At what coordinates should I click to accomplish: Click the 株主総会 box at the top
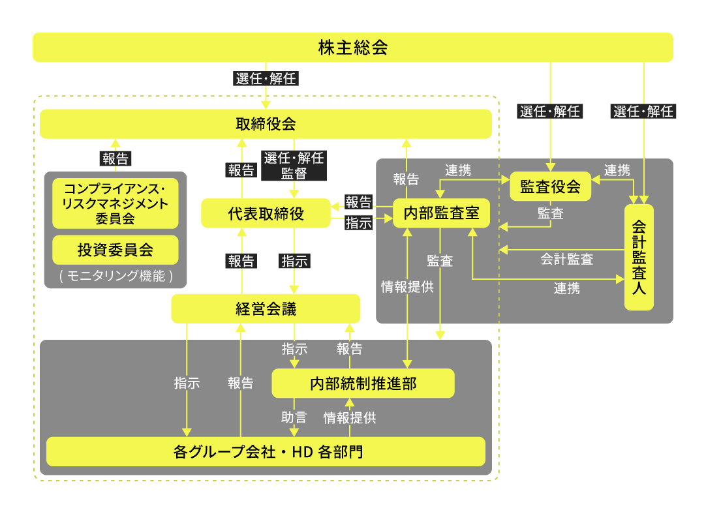[x=353, y=48]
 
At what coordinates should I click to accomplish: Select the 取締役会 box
[x=266, y=124]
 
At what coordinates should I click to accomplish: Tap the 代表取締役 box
[x=266, y=214]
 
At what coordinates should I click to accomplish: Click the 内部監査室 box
[x=441, y=214]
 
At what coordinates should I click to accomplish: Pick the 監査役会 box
[x=550, y=187]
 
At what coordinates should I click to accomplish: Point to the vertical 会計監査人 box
[x=639, y=257]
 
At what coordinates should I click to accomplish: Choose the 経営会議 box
[x=266, y=308]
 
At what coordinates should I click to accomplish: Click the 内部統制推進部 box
[x=363, y=383]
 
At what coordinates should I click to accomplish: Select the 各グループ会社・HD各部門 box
[x=266, y=451]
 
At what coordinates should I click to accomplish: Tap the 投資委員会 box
[x=115, y=250]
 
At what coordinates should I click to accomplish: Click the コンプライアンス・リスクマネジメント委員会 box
[x=115, y=203]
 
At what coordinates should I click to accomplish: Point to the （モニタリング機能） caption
[x=115, y=276]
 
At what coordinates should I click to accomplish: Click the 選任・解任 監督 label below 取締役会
[x=294, y=166]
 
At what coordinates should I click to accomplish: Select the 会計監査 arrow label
[x=566, y=259]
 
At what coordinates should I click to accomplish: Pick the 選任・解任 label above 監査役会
[x=550, y=112]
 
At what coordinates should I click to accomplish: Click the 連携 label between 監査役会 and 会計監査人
[x=617, y=171]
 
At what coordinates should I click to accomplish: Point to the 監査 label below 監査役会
[x=550, y=213]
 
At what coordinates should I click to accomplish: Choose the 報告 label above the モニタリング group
[x=115, y=158]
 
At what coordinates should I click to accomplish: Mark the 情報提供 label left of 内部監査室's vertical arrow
[x=407, y=286]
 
